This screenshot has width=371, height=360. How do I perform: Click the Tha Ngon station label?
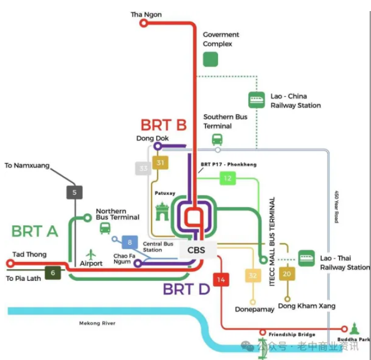pos(146,14)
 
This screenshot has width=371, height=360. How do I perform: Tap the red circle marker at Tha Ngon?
pos(144,23)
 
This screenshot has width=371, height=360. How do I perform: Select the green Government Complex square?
pos(210,59)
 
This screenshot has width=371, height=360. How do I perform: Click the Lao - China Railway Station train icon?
pos(257,100)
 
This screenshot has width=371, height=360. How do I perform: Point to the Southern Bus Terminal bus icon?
pos(217,140)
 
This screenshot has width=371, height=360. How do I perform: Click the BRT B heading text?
pos(164,125)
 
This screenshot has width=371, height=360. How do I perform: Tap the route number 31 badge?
pos(161,163)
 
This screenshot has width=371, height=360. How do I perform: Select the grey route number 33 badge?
pos(144,168)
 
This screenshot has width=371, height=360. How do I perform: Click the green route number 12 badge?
pos(227,178)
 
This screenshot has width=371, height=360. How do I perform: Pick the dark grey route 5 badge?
pos(74,193)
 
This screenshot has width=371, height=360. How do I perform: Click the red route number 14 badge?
pos(221,280)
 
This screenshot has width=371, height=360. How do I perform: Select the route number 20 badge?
pos(287,274)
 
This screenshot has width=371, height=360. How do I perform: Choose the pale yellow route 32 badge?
pos(253,276)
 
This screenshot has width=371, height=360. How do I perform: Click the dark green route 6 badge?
pos(53,272)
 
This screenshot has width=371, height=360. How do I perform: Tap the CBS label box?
pos(196,250)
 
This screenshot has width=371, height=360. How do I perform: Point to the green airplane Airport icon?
pos(91,254)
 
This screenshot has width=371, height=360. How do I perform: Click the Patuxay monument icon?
pos(162,212)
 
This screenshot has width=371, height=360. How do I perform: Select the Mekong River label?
pos(97,323)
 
